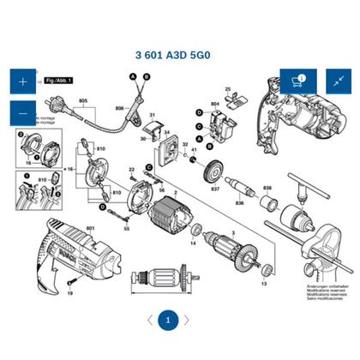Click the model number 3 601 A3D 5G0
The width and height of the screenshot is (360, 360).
point(180,52)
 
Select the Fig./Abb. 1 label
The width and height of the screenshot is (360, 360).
point(59,80)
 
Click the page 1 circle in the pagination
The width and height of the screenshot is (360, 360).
point(168,320)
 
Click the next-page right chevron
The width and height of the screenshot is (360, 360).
point(187,320)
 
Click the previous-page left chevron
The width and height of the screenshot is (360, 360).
point(150,320)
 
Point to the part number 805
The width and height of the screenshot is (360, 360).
point(83,102)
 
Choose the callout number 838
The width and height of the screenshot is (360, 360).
point(267,188)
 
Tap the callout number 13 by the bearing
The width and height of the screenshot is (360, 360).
point(264,283)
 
